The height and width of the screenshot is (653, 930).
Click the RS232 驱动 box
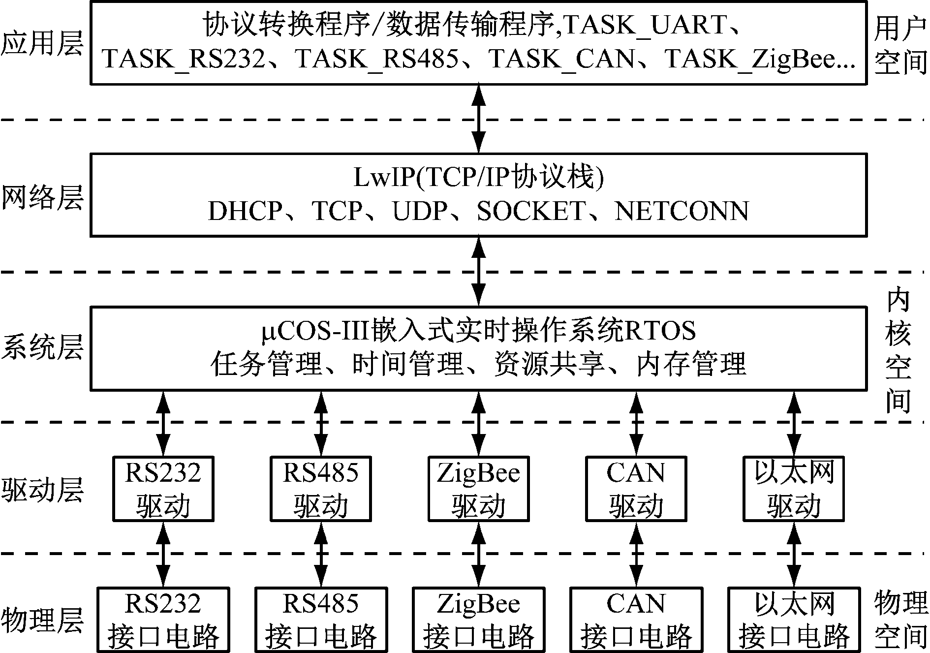pyautogui.click(x=163, y=489)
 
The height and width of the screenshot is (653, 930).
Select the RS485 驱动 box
pyautogui.click(x=321, y=489)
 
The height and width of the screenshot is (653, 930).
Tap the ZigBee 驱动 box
pyautogui.click(x=479, y=489)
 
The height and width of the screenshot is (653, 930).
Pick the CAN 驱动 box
pyautogui.click(x=636, y=489)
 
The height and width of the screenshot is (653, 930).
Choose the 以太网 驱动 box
pyautogui.click(x=794, y=489)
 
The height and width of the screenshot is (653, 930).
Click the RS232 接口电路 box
pyautogui.click(x=163, y=620)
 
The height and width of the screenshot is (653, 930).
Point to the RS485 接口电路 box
pyautogui.click(x=321, y=620)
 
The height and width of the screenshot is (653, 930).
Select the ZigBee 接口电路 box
pyautogui.click(x=479, y=620)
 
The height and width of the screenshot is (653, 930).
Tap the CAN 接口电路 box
pyautogui.click(x=636, y=620)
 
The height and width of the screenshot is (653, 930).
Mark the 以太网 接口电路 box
pyautogui.click(x=794, y=620)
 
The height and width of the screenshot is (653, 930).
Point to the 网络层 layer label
pyautogui.click(x=42, y=198)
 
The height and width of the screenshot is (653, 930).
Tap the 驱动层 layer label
pyautogui.click(x=42, y=490)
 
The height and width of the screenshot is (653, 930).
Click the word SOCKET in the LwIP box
pyautogui.click(x=531, y=212)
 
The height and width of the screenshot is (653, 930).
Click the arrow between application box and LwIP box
pyautogui.click(x=478, y=119)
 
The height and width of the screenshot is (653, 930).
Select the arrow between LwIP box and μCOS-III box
pyautogui.click(x=478, y=272)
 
